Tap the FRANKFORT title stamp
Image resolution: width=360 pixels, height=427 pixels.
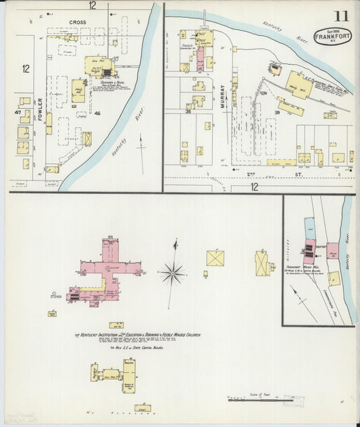(332, 36)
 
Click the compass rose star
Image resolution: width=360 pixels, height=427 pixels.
(174, 273)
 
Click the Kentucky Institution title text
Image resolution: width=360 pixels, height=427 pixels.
(138, 334)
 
